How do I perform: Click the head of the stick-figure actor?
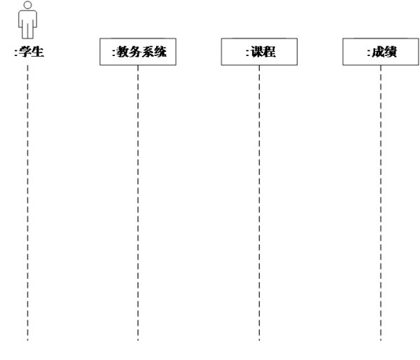(x=27, y=5)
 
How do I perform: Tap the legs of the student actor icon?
(x=27, y=31)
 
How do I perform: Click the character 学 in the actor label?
(x=25, y=51)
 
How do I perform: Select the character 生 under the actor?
(x=38, y=51)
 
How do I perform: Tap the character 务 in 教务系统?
(x=135, y=52)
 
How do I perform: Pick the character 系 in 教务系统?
(x=148, y=52)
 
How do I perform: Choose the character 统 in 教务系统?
(x=160, y=52)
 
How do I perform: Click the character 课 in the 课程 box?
(x=257, y=52)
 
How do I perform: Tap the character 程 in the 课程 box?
(x=269, y=52)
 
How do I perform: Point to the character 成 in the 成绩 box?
(x=378, y=52)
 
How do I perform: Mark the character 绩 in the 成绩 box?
(x=391, y=52)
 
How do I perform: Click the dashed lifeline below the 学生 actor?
(x=27, y=203)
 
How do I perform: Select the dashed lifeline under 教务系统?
(x=138, y=203)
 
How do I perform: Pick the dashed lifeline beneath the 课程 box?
(x=259, y=203)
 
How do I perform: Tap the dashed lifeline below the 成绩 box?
(x=381, y=203)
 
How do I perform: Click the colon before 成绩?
(x=369, y=53)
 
